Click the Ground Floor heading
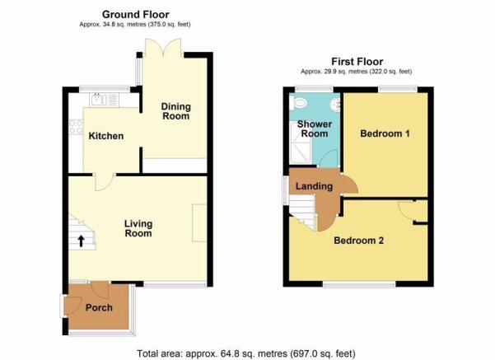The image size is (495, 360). point(135,15)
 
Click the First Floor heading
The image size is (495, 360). point(357,61)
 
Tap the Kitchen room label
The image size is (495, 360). point(106,136)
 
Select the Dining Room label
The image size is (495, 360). point(175,111)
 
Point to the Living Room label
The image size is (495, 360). point(138,229)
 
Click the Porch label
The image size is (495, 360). point(99,307)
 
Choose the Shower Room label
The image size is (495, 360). point(315,129)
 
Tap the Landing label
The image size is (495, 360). point(314,186)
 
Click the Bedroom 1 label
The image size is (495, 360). point(385,133)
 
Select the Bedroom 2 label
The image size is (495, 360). point(358,241)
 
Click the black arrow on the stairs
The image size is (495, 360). point(82,241)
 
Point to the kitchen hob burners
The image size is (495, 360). point(76,127)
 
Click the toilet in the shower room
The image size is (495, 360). point(298,103)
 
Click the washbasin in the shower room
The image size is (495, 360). point(335,103)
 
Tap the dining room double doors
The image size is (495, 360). point(163,48)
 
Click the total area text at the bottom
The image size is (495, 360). point(246,353)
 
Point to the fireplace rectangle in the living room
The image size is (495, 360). point(199,223)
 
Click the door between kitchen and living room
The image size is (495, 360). point(105,183)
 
